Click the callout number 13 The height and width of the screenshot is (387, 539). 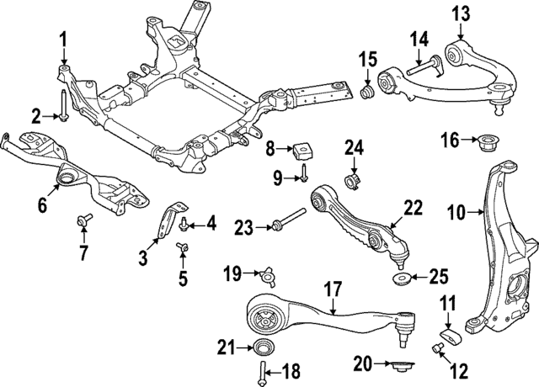[460, 13]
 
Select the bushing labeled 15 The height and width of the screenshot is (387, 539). [367, 90]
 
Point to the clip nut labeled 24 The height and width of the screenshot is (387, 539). [354, 181]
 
